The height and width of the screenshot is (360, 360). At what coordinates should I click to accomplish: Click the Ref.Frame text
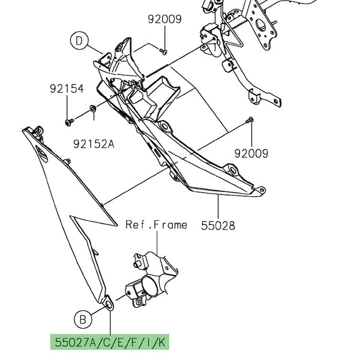(x=156, y=225)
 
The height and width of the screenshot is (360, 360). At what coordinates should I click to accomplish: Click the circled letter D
(x=79, y=41)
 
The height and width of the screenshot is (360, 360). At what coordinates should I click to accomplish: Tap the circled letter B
(x=83, y=316)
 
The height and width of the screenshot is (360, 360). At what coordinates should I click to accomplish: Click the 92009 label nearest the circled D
(x=164, y=19)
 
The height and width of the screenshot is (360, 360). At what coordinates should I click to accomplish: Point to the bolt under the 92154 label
(x=67, y=122)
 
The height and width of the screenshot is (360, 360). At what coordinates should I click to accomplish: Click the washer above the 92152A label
(x=92, y=109)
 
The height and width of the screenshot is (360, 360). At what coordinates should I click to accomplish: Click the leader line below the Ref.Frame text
(x=157, y=243)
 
